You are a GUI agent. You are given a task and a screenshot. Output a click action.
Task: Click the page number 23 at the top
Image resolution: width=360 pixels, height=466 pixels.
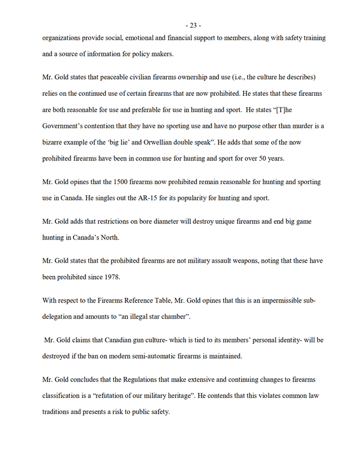coord(194,25)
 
